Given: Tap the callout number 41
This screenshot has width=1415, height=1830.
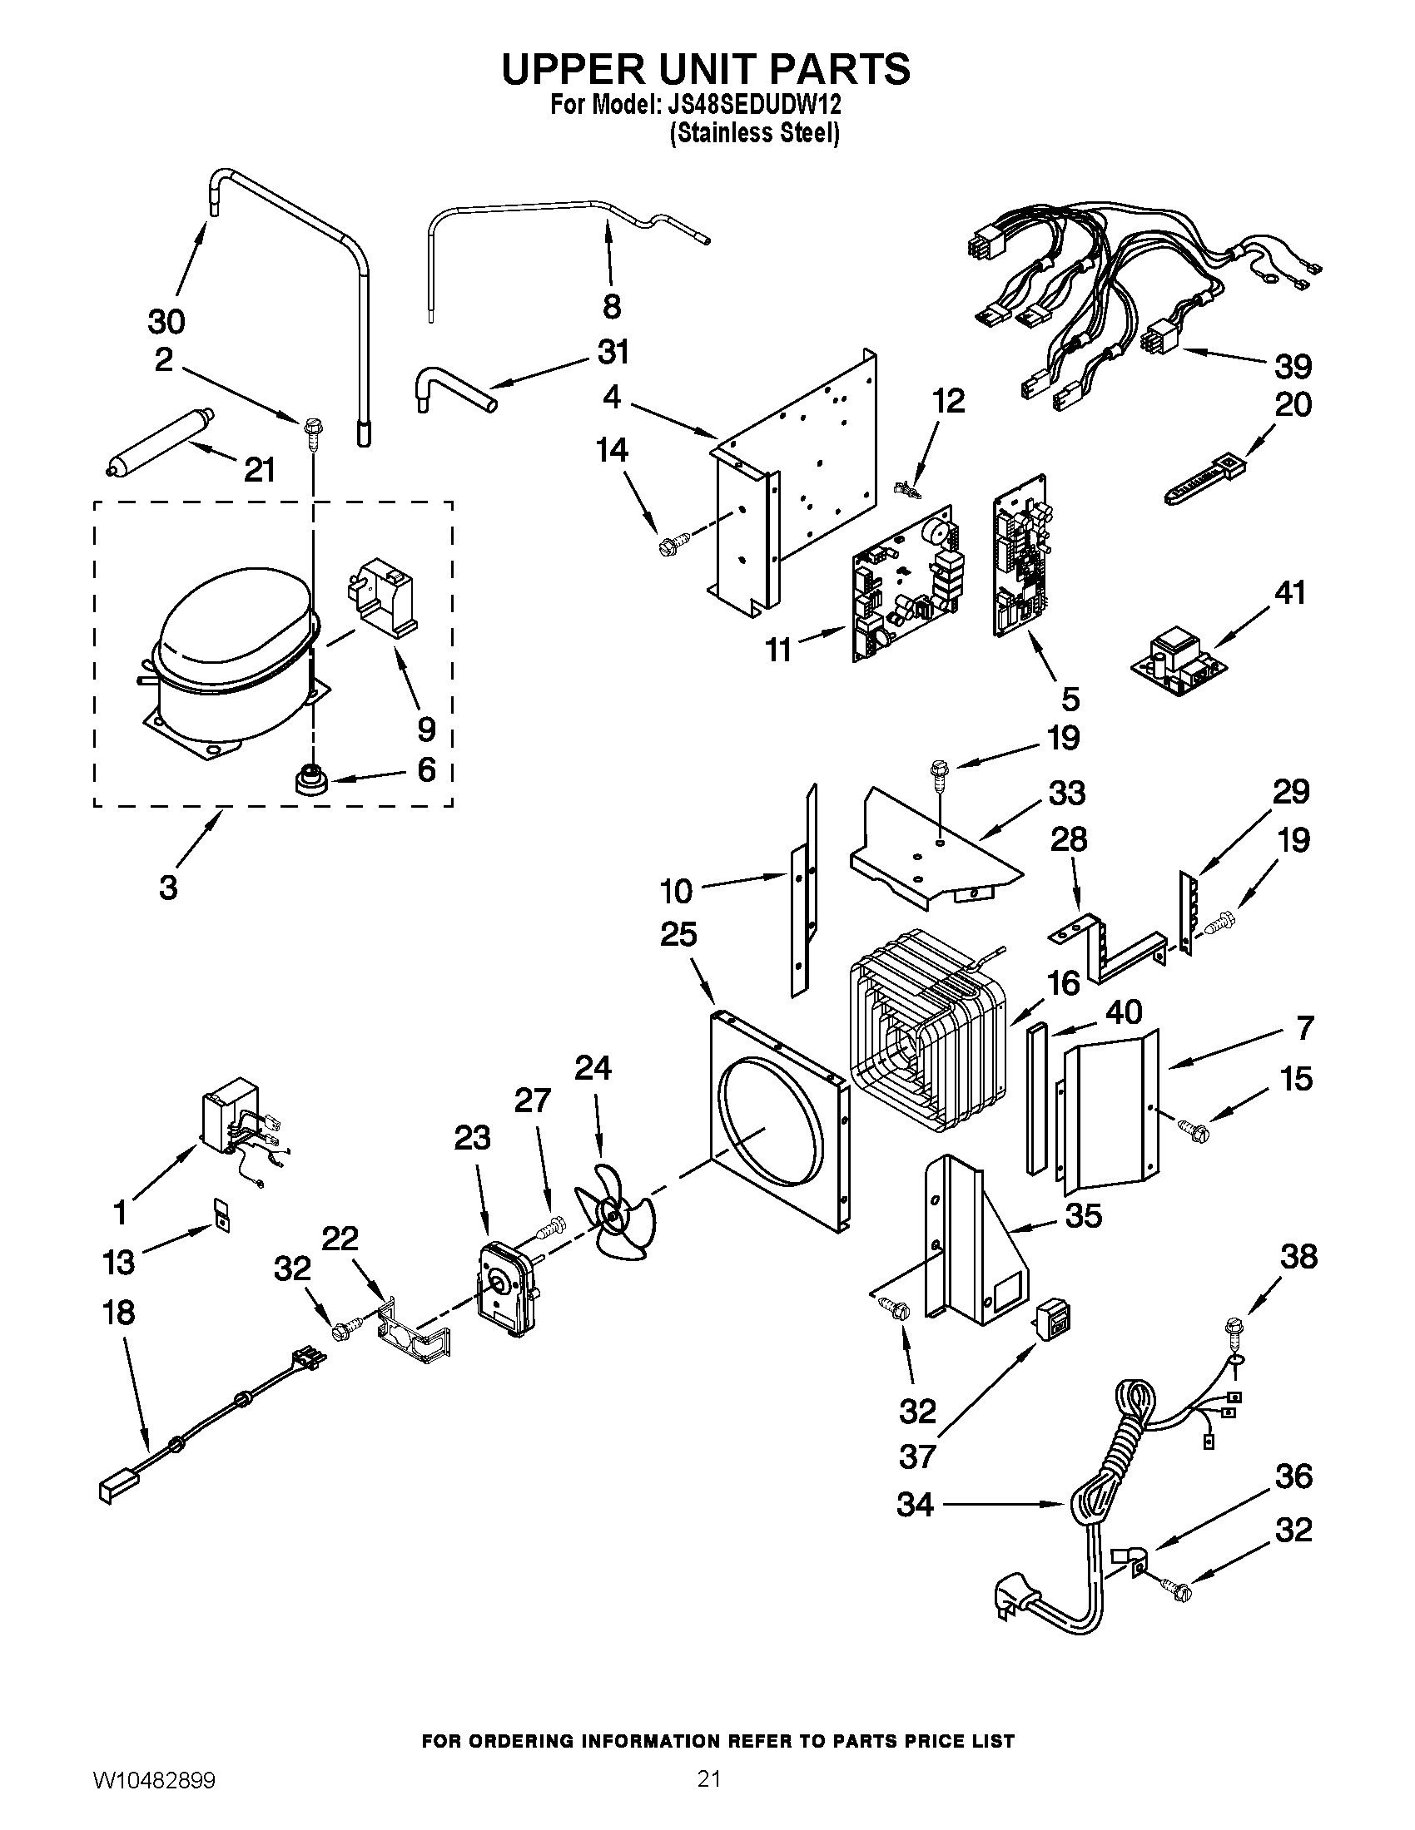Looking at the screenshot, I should point(1290,593).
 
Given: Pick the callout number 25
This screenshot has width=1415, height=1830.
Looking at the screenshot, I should point(678,933).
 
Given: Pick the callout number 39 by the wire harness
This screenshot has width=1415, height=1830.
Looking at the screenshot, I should point(1292,366).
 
